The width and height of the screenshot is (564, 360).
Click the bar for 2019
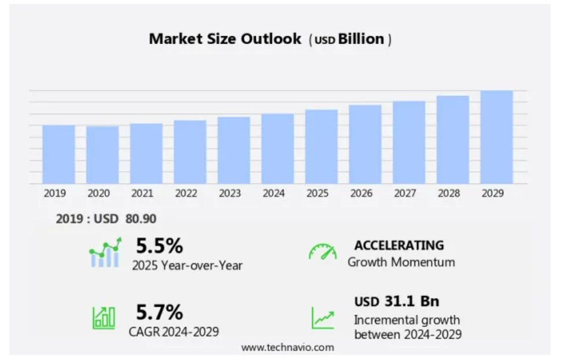(x=58, y=155)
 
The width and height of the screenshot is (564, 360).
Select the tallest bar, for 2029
(x=496, y=137)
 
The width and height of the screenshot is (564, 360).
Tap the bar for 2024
(x=278, y=149)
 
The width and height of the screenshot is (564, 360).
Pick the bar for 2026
(x=365, y=145)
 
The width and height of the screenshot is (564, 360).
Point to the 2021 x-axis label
(x=142, y=193)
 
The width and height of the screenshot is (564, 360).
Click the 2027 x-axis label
(x=405, y=193)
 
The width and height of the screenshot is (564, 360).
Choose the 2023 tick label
(x=230, y=193)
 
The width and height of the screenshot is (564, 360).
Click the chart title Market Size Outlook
(x=225, y=39)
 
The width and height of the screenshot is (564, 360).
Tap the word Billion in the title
(x=362, y=39)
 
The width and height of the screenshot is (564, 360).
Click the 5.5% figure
(x=159, y=246)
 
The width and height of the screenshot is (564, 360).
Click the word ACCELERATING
(x=399, y=245)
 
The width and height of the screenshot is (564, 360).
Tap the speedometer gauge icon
(x=322, y=252)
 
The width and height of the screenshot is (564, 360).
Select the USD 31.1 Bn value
(x=396, y=301)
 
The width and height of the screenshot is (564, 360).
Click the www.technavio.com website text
(x=287, y=347)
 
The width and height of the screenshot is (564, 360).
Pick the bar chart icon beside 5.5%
(x=105, y=253)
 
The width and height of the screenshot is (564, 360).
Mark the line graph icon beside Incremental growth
(x=323, y=318)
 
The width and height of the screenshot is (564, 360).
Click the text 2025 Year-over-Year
(x=187, y=266)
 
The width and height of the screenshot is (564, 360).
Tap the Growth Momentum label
(x=401, y=262)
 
